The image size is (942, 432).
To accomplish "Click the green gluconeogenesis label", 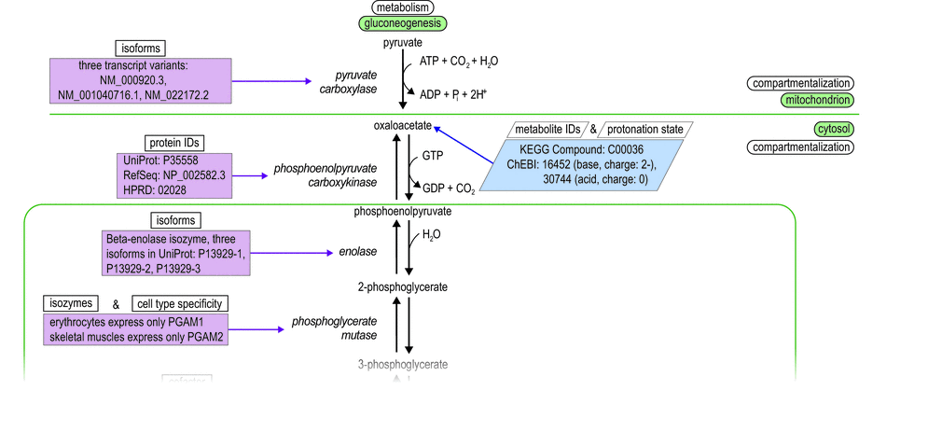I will click(x=402, y=23).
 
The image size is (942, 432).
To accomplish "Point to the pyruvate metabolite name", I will click(x=402, y=43).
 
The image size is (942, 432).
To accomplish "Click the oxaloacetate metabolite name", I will click(x=402, y=124).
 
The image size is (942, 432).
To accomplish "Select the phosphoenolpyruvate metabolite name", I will click(x=402, y=212).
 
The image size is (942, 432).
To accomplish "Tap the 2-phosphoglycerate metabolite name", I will click(x=402, y=286).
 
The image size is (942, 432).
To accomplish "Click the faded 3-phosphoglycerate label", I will click(x=402, y=364).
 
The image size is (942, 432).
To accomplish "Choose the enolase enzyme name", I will click(x=358, y=252).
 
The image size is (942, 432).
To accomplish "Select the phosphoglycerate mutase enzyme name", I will click(x=333, y=327).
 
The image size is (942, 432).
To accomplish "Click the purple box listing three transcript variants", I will click(x=140, y=81).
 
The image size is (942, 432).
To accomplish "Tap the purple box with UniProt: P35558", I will click(x=173, y=174).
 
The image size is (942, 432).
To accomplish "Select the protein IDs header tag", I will click(x=174, y=142).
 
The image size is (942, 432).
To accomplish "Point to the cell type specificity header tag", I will click(x=180, y=303).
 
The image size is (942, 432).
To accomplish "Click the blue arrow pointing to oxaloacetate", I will click(x=466, y=145).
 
